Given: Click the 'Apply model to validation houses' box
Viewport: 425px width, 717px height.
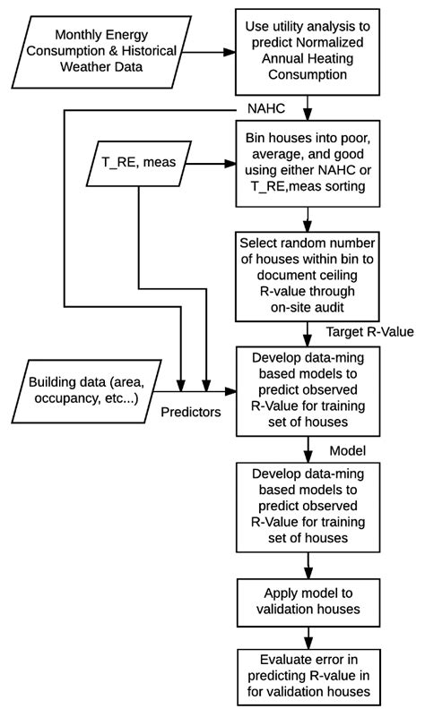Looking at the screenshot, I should [x=309, y=601].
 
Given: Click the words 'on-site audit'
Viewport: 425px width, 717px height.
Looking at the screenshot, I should [x=309, y=307].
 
